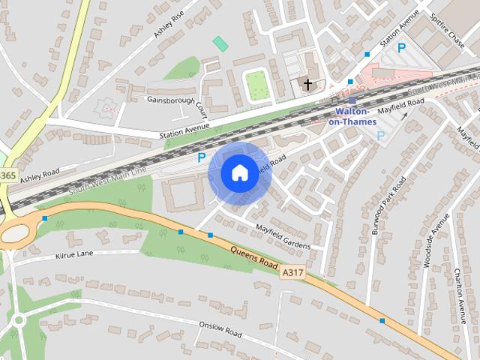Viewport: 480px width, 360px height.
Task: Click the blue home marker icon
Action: click(x=239, y=173)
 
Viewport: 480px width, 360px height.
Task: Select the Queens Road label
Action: click(x=254, y=258)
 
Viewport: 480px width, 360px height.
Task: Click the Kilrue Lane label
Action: click(x=74, y=254)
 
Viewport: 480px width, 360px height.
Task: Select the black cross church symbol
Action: click(x=307, y=85)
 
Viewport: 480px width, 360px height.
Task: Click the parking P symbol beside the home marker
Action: click(x=201, y=157)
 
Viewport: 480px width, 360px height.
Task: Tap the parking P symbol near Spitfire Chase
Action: click(x=402, y=47)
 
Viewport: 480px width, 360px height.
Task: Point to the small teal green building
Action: click(x=220, y=43)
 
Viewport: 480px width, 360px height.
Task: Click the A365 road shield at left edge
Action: click(x=7, y=175)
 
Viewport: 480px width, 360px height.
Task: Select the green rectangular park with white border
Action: click(x=257, y=85)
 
